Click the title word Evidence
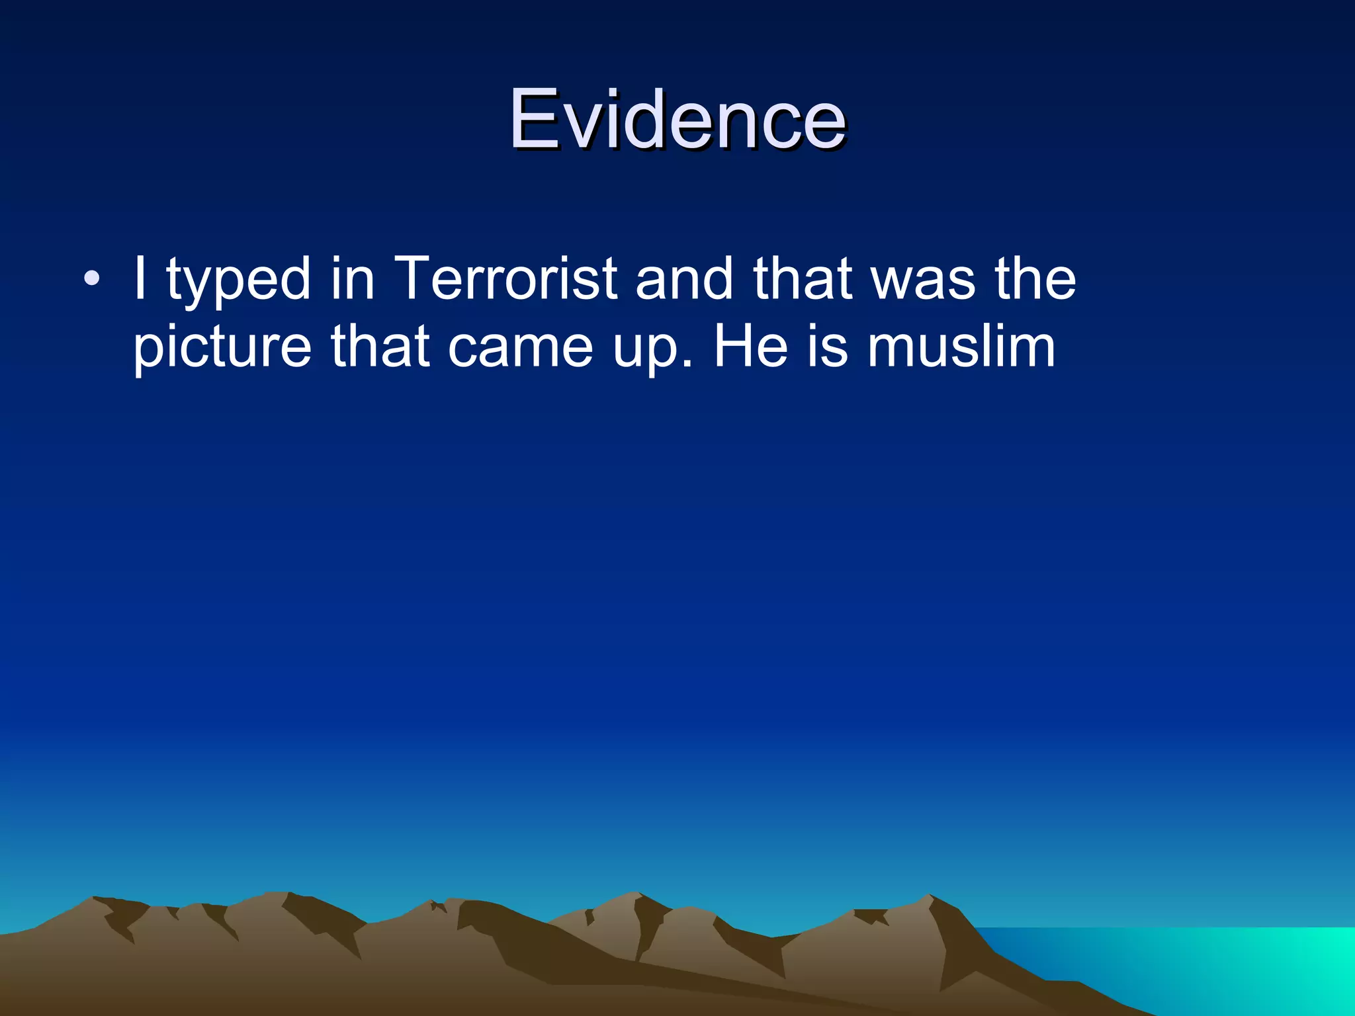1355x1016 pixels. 677,120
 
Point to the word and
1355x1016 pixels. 684,278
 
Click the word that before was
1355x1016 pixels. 802,278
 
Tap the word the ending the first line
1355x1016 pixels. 1035,278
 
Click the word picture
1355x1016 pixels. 222,348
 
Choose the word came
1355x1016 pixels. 520,348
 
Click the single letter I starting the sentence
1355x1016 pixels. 140,278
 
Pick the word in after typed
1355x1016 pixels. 353,278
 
